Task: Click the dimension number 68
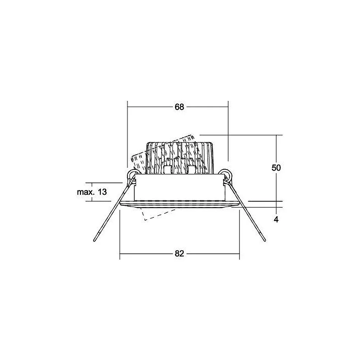click(179, 107)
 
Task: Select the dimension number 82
click(179, 253)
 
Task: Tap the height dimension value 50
click(276, 168)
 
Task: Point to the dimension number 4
click(276, 220)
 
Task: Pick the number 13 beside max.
click(102, 192)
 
